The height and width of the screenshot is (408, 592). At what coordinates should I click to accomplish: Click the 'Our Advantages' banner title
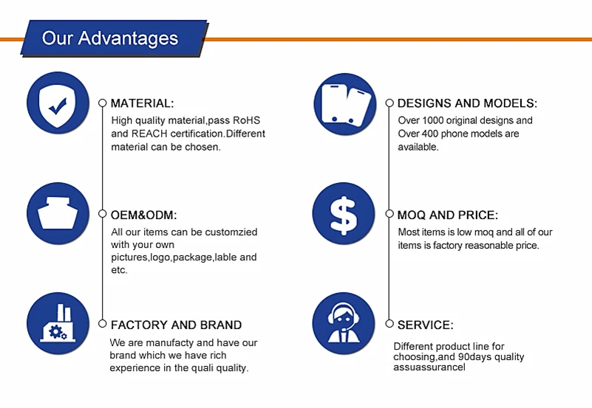point(110,38)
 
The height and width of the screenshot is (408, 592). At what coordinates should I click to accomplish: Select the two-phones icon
point(345,104)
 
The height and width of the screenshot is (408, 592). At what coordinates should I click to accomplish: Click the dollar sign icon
point(344,214)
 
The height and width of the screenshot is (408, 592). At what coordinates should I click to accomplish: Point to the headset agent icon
point(344,323)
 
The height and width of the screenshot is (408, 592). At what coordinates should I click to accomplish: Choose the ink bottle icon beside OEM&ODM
point(58,214)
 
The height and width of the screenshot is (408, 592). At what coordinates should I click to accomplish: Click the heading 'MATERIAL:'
point(143,103)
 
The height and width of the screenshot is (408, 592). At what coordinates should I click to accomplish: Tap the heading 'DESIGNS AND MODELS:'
point(467,103)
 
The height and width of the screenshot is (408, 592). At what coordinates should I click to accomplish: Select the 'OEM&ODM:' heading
point(143,215)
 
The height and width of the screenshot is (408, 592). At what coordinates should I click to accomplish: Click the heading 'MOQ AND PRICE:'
point(448,215)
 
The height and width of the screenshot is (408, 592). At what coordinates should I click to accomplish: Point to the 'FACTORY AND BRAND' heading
point(177,325)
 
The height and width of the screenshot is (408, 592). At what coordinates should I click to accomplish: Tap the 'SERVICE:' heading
point(426,325)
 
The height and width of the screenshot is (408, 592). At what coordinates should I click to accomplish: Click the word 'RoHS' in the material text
point(246,120)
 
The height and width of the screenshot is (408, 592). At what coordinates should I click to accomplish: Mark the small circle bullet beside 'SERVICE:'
point(389,324)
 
